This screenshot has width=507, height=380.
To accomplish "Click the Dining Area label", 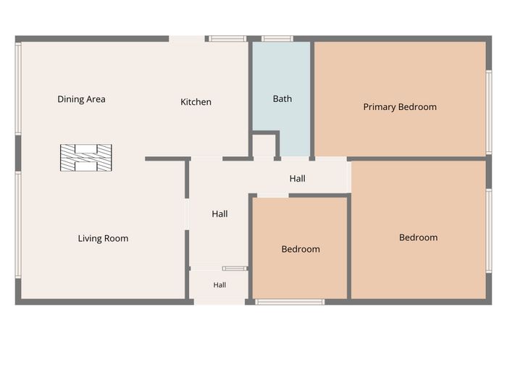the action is coord(81,99).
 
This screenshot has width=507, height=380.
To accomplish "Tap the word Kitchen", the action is coord(196,102).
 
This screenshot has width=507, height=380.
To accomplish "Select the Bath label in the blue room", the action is coord(282,99).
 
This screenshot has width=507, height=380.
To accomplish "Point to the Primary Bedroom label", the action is coord(400,107).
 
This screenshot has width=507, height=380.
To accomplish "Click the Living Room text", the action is coord(103,238).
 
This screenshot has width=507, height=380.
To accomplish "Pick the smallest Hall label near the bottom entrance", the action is coord(219,285).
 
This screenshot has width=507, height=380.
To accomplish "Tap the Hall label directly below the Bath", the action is coord(298,178).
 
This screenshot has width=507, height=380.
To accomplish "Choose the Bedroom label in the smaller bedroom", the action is coord(301,249).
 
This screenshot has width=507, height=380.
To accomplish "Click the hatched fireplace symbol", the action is coord(86,158).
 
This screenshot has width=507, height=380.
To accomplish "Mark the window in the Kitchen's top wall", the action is coord(227,39).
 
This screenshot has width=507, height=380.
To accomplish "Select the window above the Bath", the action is coord(277,39).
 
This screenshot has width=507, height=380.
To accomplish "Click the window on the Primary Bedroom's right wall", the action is coord(489,112).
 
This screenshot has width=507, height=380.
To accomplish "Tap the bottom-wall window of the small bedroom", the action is coord(290,302).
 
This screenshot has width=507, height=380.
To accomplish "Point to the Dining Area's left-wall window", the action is coord(18,88).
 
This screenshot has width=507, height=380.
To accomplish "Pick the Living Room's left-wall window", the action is coord(18,224).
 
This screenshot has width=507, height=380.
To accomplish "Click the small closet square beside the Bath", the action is coord(264,145).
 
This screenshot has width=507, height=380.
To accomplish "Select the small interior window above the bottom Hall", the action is coord(235,269).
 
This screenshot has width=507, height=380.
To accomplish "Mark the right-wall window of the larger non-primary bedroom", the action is coord(489,231).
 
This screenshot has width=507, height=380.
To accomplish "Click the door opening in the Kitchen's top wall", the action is coord(187,39).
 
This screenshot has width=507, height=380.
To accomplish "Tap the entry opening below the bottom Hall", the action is coord(219,302).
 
